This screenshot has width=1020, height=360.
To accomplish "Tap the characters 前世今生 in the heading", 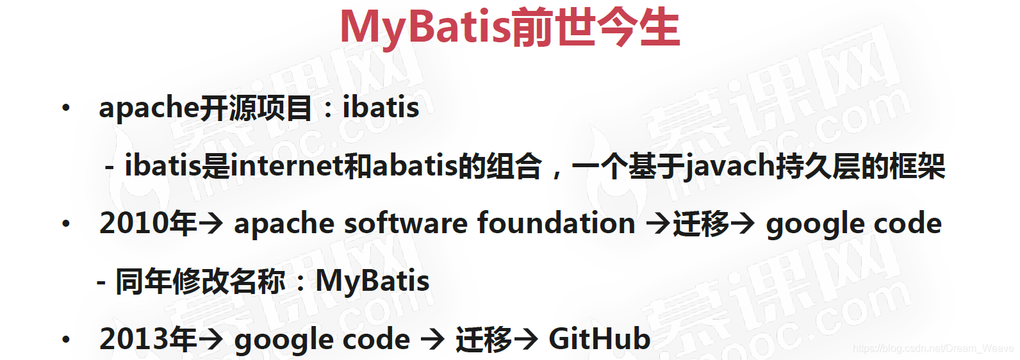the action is (x=595, y=28).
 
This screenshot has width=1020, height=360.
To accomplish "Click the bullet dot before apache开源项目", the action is (x=66, y=108).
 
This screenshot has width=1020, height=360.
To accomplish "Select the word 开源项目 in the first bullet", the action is (x=256, y=108).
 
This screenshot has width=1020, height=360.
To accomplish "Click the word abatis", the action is (x=415, y=165).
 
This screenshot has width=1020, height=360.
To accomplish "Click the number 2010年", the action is (x=148, y=223).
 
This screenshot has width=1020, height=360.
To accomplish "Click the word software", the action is (x=406, y=223).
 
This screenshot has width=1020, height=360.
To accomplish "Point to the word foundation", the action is (x=556, y=222).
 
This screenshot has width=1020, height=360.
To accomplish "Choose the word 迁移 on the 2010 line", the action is (x=700, y=224).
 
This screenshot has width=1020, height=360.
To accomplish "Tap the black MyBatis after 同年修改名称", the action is (x=372, y=281).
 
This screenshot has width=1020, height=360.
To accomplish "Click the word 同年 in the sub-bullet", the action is (x=144, y=281).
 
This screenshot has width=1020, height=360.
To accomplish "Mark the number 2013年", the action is (x=148, y=339).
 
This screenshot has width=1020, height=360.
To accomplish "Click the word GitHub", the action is (x=599, y=339).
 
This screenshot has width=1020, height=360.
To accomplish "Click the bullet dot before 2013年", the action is (x=66, y=340).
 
